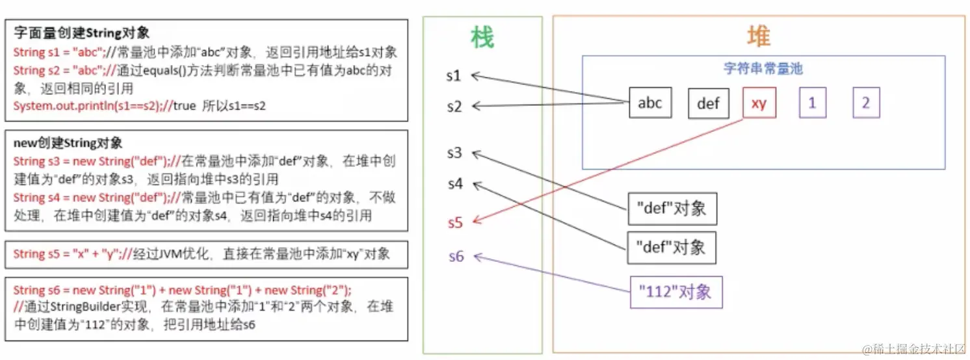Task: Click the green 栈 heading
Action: coord(482,38)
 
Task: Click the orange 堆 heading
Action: coord(758,36)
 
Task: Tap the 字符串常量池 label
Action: coord(763,68)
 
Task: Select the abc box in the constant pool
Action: coord(649,103)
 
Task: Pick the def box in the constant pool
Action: coord(708,103)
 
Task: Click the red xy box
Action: coord(759,103)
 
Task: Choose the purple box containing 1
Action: coord(812,103)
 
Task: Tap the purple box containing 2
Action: coord(865,103)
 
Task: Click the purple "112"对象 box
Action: coord(676,292)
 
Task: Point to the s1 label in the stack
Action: coord(454,76)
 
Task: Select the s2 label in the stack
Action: coord(454,107)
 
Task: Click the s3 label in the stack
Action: coord(454,153)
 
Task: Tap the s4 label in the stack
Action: coord(454,184)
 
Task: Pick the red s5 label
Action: coord(454,222)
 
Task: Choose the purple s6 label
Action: coord(456,257)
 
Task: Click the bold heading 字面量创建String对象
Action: coord(81,32)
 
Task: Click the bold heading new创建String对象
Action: coord(68,142)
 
